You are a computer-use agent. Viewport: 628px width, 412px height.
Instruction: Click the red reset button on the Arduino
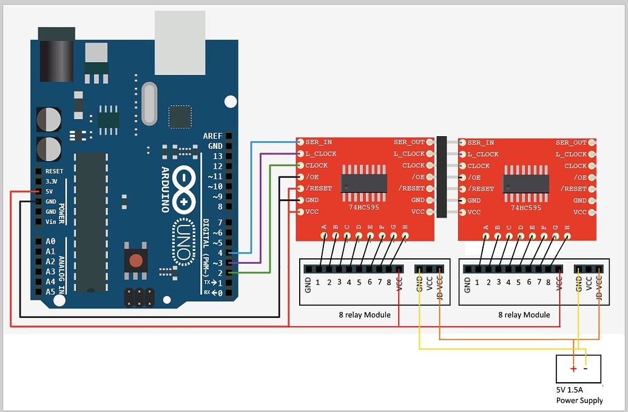click(x=137, y=261)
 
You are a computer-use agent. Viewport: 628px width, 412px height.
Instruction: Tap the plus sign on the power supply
click(x=573, y=368)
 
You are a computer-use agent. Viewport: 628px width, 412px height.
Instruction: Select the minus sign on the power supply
click(x=586, y=368)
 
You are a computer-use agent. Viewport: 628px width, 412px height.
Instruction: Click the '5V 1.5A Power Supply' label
click(x=579, y=395)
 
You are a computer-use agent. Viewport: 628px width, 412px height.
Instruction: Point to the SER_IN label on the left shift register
click(x=318, y=142)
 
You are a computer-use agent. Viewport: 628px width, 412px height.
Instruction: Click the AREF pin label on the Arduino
click(x=212, y=136)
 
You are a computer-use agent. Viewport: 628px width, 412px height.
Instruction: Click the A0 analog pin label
click(x=50, y=241)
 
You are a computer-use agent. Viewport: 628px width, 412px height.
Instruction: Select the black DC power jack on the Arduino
click(x=56, y=54)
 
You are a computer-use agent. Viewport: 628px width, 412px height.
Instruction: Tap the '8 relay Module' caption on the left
click(x=364, y=315)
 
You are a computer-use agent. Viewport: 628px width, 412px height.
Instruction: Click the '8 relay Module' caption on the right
click(x=524, y=315)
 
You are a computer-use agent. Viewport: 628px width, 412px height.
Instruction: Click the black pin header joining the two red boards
click(x=441, y=177)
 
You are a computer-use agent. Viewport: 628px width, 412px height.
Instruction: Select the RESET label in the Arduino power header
click(x=54, y=171)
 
